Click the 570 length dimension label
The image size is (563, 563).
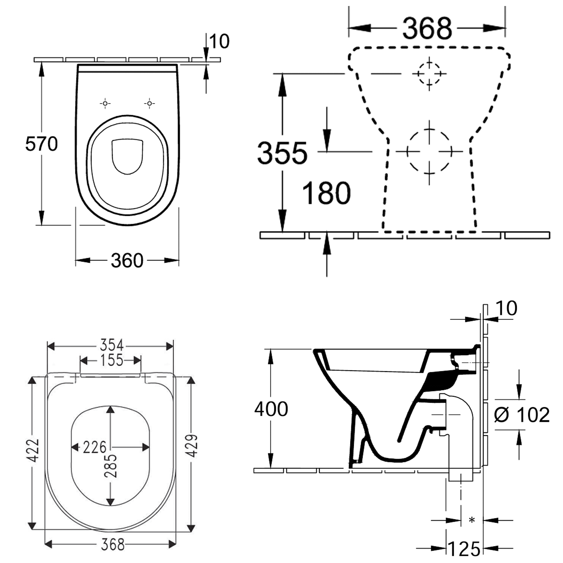tap(41, 144)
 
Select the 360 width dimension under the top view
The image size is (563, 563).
tap(127, 260)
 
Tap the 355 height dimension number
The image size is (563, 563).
tap(282, 154)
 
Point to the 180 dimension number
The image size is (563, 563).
tap(326, 193)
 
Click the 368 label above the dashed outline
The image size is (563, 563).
tap(427, 29)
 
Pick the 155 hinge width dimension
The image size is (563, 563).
tap(111, 360)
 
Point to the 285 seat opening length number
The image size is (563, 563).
tap(111, 466)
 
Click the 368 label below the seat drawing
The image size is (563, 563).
tap(113, 544)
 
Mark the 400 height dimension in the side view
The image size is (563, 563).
tap(271, 409)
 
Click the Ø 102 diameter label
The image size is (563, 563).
tap(522, 415)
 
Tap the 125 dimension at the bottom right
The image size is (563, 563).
tap(464, 549)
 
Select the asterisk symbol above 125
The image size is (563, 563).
tap(472, 521)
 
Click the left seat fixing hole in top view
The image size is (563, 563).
tap(105, 103)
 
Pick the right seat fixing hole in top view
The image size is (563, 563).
tap(149, 103)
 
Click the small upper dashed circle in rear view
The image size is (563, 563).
tap(429, 74)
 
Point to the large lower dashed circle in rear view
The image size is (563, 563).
tap(429, 152)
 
